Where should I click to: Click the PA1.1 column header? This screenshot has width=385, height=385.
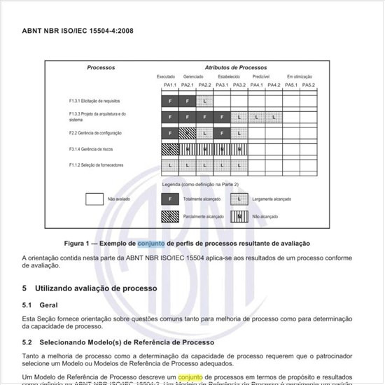coord(169,86)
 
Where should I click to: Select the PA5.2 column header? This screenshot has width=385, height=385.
coord(309,86)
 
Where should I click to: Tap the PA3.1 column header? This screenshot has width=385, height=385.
coord(222,86)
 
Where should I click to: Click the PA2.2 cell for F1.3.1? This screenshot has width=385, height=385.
coord(204,101)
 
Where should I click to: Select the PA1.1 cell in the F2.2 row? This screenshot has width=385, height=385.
coord(169,132)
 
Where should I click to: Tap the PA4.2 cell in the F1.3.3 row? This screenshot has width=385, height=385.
coord(274,116)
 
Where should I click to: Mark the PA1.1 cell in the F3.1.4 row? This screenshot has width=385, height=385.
coord(169,148)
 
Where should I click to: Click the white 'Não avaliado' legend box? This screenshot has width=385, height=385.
coord(94,199)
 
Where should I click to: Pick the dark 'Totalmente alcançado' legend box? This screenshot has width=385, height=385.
coord(169,199)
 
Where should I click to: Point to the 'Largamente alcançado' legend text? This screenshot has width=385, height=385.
coord(272,199)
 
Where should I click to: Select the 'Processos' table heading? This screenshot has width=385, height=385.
coord(101,68)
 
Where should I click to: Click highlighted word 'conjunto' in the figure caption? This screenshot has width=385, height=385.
coord(151,244)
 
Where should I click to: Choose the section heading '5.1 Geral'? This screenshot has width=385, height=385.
coord(39,305)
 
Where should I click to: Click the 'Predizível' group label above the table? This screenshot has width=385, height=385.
coord(261,76)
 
